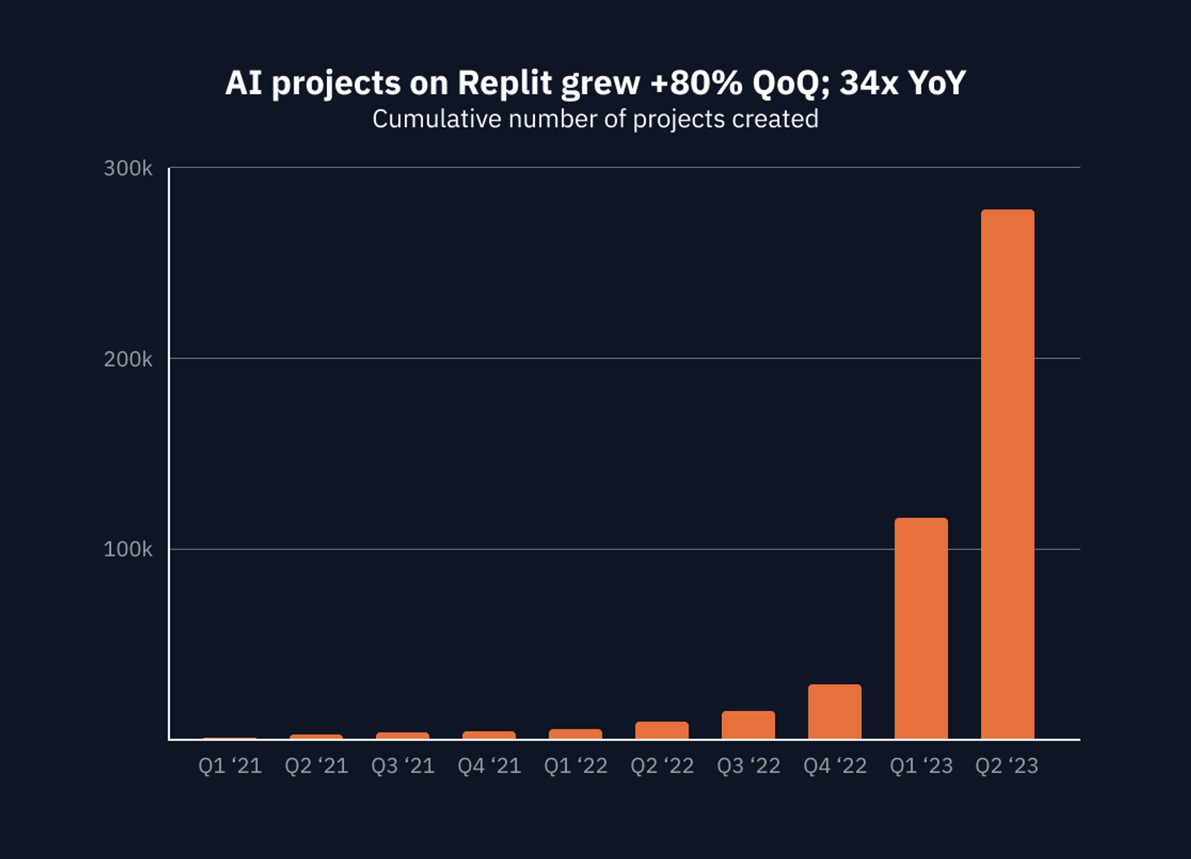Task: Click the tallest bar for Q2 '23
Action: [1007, 474]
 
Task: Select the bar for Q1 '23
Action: [921, 628]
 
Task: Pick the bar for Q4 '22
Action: [834, 712]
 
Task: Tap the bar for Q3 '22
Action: [748, 725]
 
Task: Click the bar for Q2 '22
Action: [662, 731]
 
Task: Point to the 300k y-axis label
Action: [128, 169]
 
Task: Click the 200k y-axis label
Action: [128, 359]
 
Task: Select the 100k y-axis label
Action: [128, 550]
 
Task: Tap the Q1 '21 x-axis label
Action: [230, 766]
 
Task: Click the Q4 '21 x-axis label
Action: [489, 766]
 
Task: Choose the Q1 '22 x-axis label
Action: [576, 766]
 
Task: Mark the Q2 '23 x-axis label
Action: [1007, 766]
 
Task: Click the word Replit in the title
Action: [504, 82]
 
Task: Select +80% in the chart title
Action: [695, 82]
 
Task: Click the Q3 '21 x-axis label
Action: [403, 766]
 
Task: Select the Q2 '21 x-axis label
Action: [316, 766]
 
